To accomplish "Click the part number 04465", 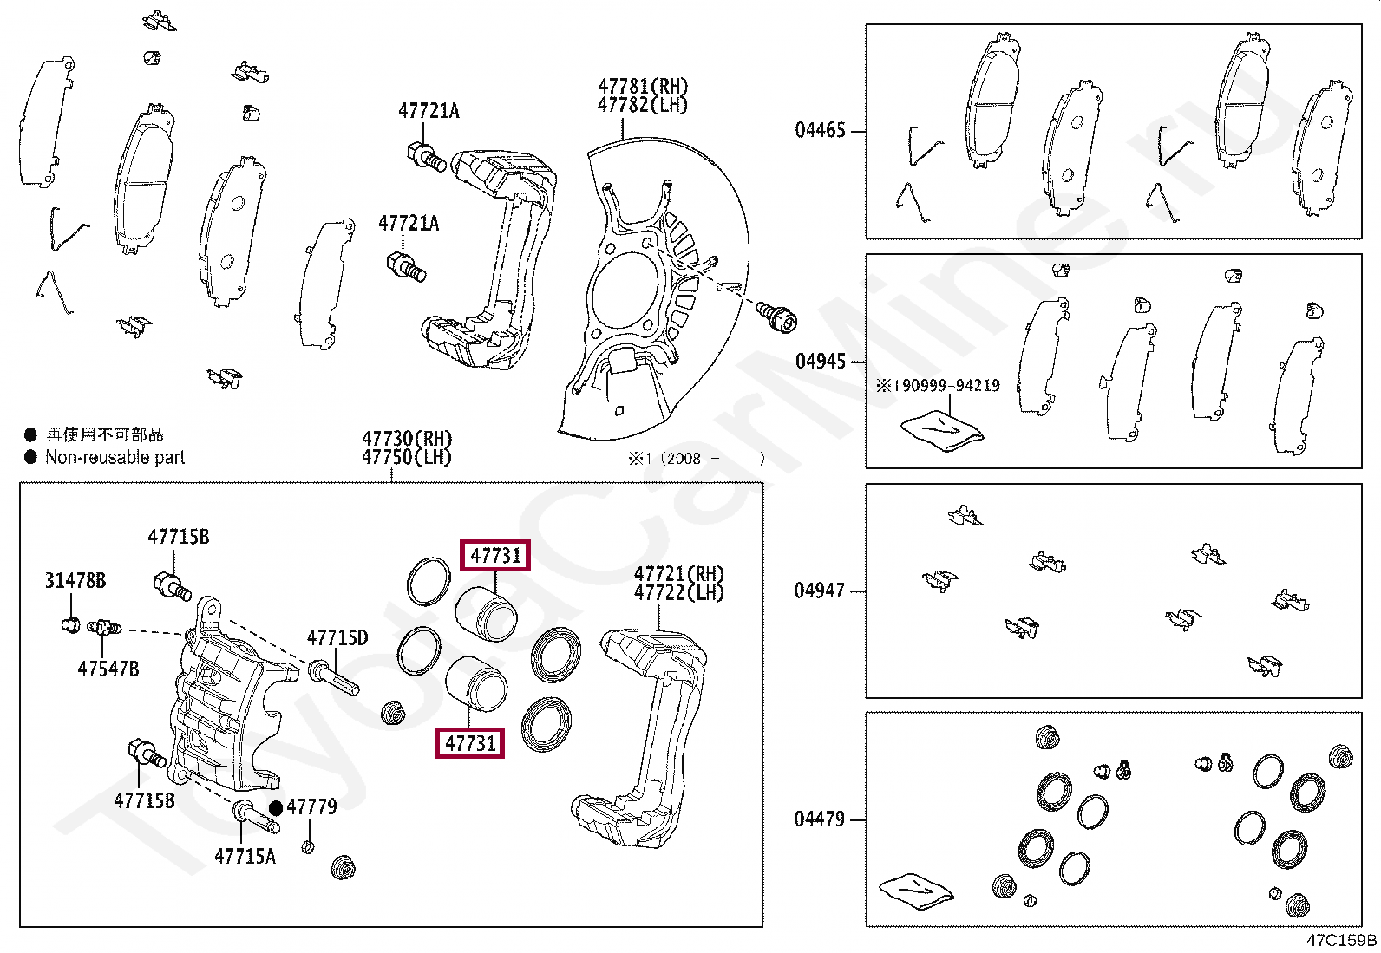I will tap(820, 130).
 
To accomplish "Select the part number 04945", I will tap(820, 362).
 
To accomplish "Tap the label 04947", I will tap(819, 591).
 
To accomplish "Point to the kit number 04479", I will tap(819, 819).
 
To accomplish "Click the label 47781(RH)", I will tap(642, 87).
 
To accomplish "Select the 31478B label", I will tap(75, 581).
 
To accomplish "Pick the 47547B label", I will tap(108, 669).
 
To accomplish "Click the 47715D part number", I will tap(337, 638).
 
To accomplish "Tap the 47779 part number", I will tap(311, 807).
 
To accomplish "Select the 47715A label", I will tap(245, 856).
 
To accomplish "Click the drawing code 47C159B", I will tap(1341, 940).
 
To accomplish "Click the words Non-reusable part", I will tap(115, 457).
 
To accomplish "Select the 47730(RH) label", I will tap(407, 439).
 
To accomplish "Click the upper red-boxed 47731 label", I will tap(495, 555).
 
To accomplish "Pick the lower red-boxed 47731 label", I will tap(470, 743).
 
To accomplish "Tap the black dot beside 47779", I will tap(276, 807).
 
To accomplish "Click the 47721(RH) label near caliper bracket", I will tap(678, 574).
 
